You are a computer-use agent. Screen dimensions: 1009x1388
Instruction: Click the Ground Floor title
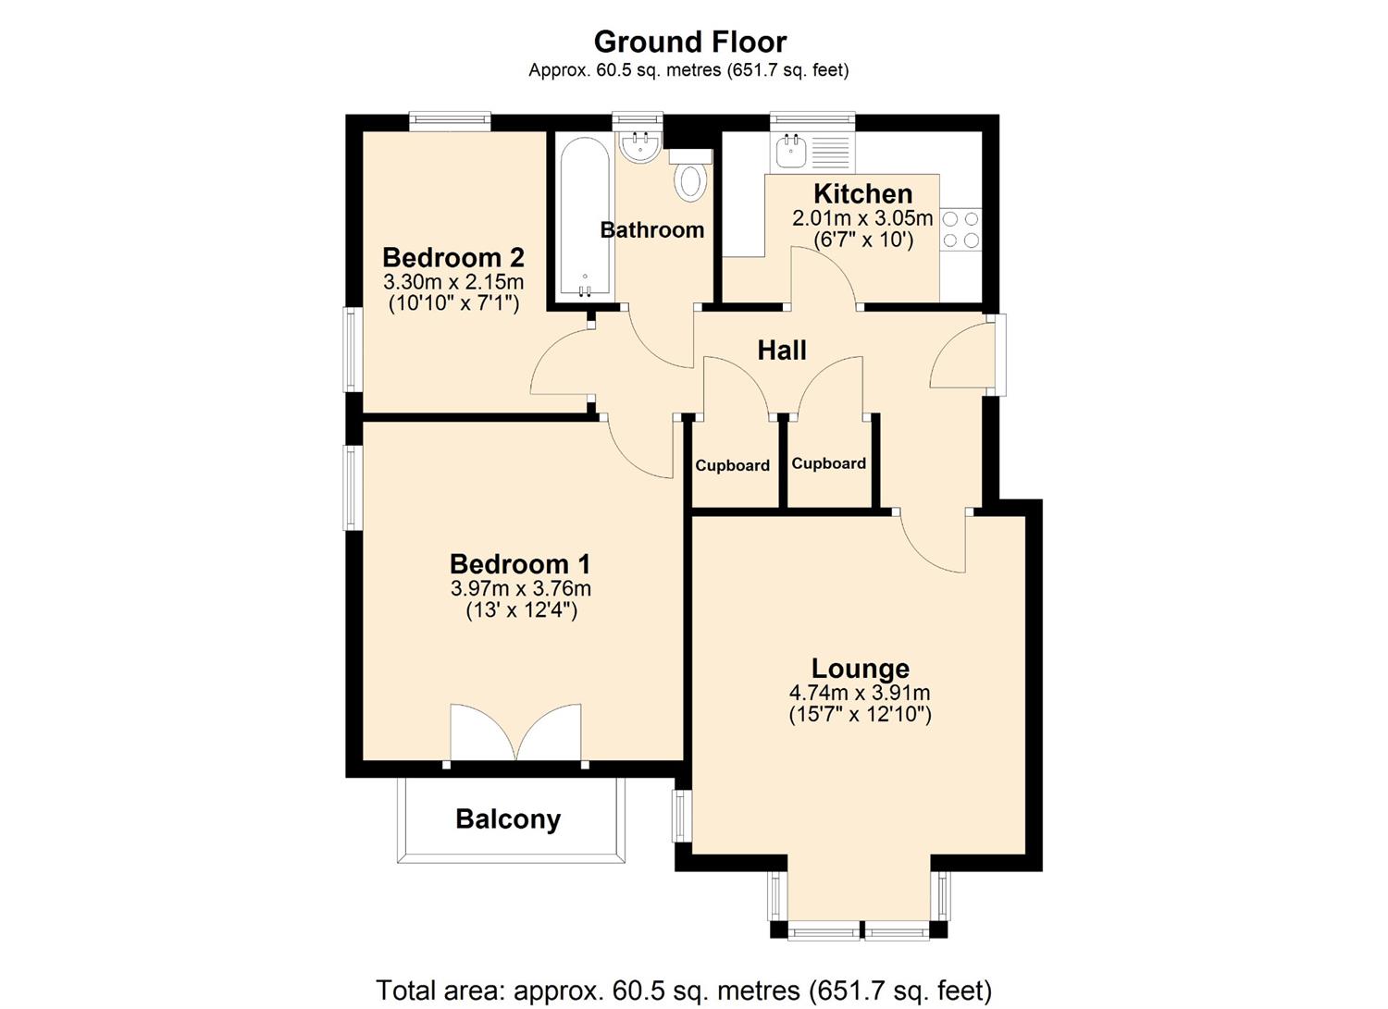(x=689, y=42)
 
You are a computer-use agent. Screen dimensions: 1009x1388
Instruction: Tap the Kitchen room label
(x=862, y=194)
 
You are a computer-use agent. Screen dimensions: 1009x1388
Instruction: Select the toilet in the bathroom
(x=689, y=178)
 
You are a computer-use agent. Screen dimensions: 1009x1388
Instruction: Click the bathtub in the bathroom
(x=584, y=217)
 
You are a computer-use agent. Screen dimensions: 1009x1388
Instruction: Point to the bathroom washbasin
(x=638, y=147)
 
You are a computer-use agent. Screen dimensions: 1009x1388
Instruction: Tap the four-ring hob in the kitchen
(x=960, y=230)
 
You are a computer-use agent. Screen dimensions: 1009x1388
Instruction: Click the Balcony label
(x=508, y=819)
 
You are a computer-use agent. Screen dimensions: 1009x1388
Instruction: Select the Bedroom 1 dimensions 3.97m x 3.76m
(x=521, y=588)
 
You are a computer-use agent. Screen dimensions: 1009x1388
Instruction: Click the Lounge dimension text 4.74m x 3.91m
(x=860, y=693)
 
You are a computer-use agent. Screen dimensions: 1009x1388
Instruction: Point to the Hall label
(x=782, y=351)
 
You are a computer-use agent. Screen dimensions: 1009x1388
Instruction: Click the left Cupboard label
(x=733, y=466)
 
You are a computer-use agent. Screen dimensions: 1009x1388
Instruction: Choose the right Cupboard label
(x=829, y=463)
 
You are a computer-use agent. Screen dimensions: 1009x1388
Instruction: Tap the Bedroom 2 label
(x=453, y=257)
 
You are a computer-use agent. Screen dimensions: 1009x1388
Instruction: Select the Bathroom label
(x=652, y=230)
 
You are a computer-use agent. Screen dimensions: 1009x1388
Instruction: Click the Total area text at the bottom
(x=684, y=991)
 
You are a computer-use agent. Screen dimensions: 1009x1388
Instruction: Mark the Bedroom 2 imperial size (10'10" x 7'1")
(x=453, y=302)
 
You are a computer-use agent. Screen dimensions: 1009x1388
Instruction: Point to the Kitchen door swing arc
(x=824, y=273)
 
